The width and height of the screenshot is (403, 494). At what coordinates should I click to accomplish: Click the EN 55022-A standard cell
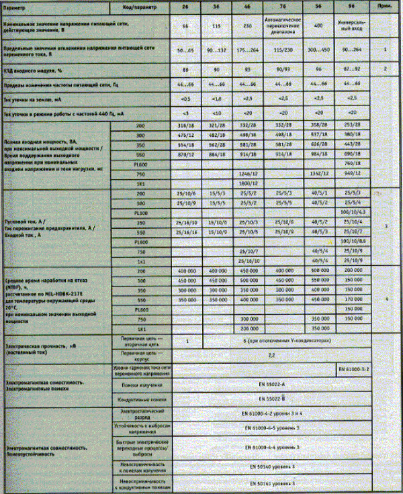(x=271, y=385)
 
